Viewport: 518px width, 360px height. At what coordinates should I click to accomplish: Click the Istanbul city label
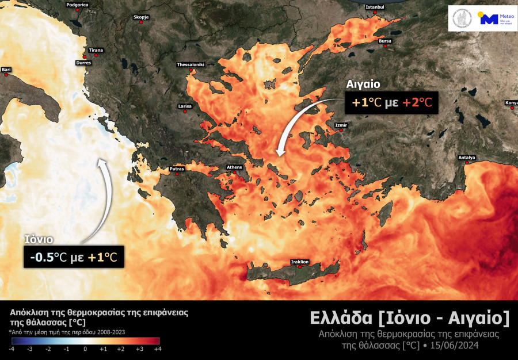click(x=375, y=7)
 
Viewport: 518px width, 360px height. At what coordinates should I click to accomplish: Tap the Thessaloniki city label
click(x=191, y=64)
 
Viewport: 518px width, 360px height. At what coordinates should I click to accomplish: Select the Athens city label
click(x=234, y=167)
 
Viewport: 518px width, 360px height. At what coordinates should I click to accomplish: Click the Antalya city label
click(x=467, y=158)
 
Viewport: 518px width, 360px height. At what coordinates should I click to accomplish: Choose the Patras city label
click(x=176, y=169)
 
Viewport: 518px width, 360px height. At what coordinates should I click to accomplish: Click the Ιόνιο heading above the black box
click(x=39, y=239)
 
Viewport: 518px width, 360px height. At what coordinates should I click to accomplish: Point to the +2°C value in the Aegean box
click(x=417, y=103)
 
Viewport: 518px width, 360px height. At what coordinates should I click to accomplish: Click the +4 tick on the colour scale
click(x=157, y=348)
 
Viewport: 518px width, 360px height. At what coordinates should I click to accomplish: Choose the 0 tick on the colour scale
click(x=85, y=348)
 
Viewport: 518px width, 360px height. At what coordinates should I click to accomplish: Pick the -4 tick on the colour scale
click(x=12, y=348)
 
